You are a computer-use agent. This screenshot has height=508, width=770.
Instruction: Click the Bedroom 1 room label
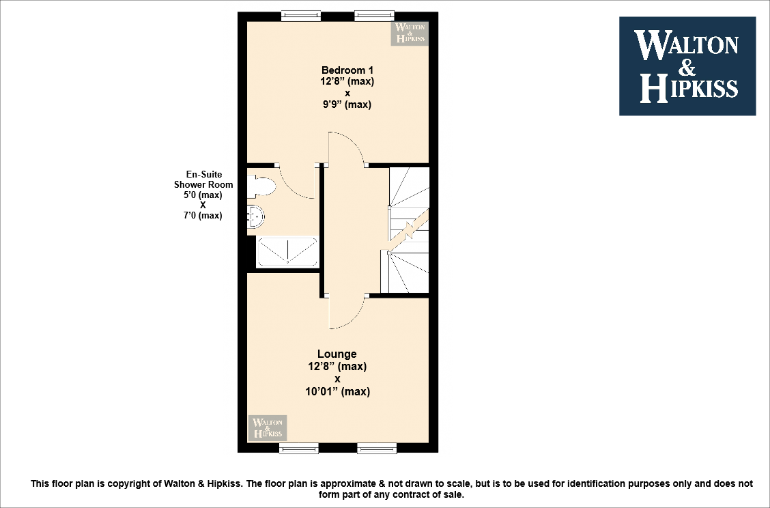coord(347,70)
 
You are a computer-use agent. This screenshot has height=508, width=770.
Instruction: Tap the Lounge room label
coord(337,354)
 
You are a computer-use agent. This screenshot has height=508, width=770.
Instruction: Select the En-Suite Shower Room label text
coord(203,180)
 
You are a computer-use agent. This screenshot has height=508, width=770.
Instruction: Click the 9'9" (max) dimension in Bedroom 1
coord(347,104)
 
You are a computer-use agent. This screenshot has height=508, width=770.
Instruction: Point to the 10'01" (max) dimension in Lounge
coord(337,391)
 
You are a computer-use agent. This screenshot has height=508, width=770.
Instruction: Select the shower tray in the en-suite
coord(287,251)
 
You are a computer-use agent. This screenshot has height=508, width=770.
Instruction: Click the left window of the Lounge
coord(299,448)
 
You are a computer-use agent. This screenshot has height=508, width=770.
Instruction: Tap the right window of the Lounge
coord(377,448)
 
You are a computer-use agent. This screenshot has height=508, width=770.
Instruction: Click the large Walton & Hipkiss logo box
coord(687,66)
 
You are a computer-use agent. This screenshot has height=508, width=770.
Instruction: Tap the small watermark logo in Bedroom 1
coord(409,33)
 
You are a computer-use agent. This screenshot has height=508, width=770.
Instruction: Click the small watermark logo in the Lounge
coord(268,428)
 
